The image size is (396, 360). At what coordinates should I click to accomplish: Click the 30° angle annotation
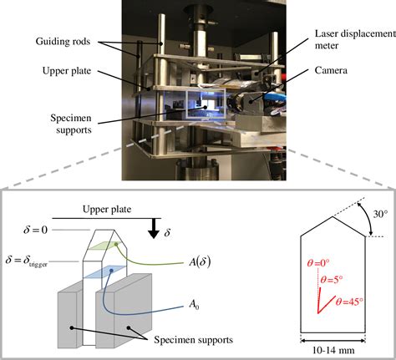point(379,215)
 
